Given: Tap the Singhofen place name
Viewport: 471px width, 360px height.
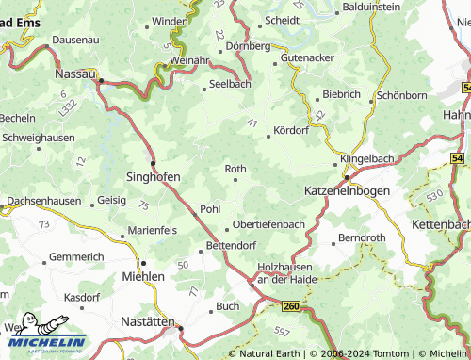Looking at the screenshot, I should pyautogui.click(x=153, y=176).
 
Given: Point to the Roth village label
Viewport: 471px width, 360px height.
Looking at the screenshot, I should pyautogui.click(x=235, y=170).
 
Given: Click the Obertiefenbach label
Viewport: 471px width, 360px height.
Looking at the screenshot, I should pyautogui.click(x=268, y=224).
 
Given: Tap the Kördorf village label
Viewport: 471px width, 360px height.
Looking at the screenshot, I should pyautogui.click(x=290, y=131).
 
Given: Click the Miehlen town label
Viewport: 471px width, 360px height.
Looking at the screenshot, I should pyautogui.click(x=143, y=276).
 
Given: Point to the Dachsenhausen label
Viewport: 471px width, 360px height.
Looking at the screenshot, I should pyautogui.click(x=41, y=202).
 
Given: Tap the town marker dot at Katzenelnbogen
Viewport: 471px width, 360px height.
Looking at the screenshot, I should pyautogui.click(x=346, y=176).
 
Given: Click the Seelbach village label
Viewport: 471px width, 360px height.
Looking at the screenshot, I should pyautogui.click(x=229, y=85).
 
